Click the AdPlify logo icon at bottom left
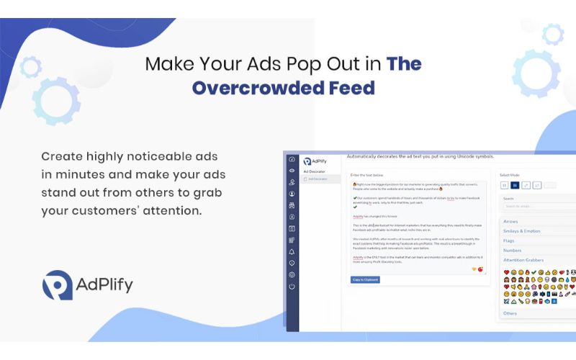57,285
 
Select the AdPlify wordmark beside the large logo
104,285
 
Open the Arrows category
510,221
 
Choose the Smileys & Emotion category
523,230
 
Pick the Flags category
509,240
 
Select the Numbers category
513,250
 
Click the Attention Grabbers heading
523,260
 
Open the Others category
510,313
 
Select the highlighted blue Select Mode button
515,185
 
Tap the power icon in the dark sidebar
292,287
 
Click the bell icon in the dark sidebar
292,252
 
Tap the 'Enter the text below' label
367,175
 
